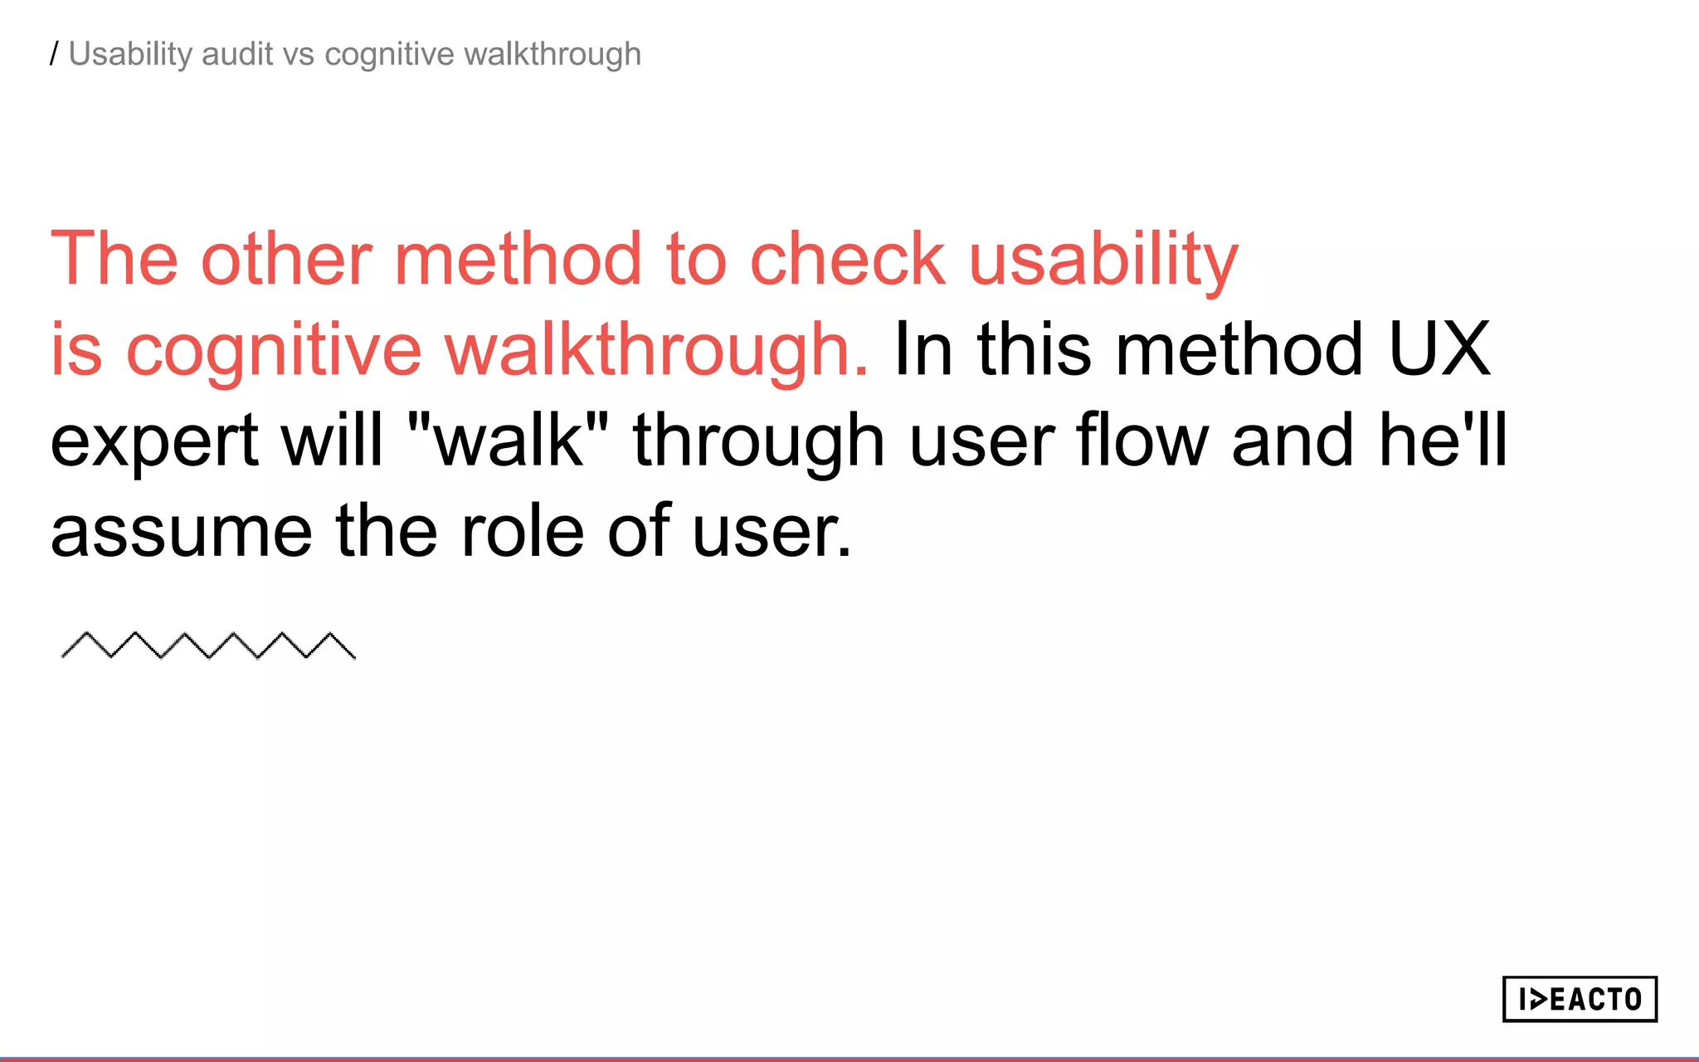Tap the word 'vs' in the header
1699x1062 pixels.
click(299, 55)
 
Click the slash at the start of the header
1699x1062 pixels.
click(54, 55)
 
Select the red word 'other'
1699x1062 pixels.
click(286, 259)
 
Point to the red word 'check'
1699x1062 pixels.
click(847, 259)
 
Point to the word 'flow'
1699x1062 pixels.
click(1142, 440)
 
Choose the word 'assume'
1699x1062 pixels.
click(181, 532)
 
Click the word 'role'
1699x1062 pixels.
click(523, 531)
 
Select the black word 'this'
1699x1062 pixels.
click(1034, 350)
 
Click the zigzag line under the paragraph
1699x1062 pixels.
click(208, 645)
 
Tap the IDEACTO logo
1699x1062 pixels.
click(1580, 999)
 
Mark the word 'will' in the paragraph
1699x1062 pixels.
click(332, 440)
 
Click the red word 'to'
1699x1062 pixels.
click(696, 259)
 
